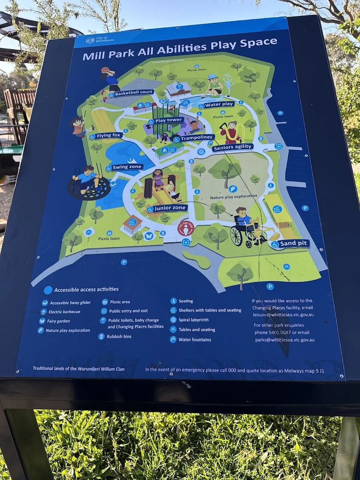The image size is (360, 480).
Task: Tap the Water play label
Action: (218, 105)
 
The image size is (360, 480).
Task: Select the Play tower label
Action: (168, 120)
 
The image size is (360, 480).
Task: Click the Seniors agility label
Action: (232, 147)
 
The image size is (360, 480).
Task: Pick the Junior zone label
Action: (170, 208)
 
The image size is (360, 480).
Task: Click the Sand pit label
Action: (293, 243)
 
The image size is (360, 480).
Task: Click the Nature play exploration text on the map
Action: (234, 197)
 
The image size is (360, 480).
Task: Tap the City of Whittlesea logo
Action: (96, 40)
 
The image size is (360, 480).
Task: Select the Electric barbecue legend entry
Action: (64, 312)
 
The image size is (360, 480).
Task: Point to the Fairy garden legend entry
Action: (58, 321)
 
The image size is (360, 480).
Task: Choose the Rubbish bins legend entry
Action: (119, 336)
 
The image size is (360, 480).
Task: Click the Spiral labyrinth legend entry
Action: (199, 320)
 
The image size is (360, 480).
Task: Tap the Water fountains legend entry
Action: (195, 340)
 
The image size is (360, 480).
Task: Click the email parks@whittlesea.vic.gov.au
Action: (284, 340)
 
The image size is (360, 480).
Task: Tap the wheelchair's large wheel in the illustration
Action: (236, 236)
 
